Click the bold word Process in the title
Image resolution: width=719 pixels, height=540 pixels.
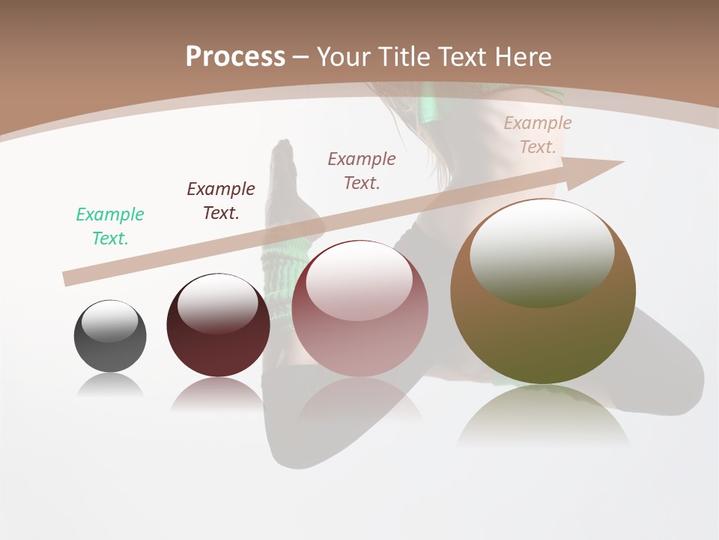coord(235,56)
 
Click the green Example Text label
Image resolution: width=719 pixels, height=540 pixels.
coord(110,226)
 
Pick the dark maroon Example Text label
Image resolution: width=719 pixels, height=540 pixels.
coord(221,200)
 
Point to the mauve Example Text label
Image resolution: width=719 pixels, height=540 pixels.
coord(362,170)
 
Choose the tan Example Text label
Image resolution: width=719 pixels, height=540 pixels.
coord(538,135)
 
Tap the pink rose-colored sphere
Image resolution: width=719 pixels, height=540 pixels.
coord(360,337)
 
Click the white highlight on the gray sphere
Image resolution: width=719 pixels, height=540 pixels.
coord(109,321)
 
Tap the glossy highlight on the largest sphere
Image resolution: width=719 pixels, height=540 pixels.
coord(541,253)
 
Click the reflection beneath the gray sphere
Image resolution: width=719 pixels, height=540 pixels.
coord(110,386)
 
